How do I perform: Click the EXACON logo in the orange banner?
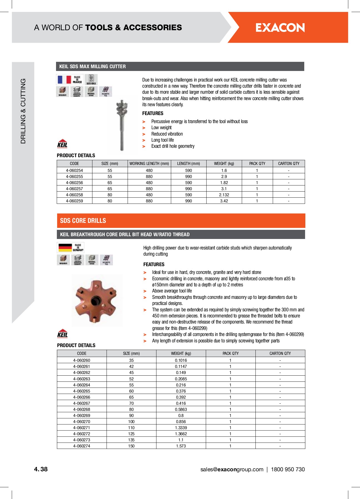coord(280,27)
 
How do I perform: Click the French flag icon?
coord(64,80)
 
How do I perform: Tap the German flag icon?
coord(65,247)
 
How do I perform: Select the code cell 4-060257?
coord(74,189)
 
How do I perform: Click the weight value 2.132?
coord(224,195)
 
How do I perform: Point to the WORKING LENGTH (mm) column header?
coord(149,164)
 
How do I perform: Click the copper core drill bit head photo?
coord(97,301)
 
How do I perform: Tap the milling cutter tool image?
coord(122,125)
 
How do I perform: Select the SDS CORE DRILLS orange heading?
coord(83,221)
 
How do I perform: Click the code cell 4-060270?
coord(82,422)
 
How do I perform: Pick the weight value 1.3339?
coord(181,428)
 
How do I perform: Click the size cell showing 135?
coord(131,440)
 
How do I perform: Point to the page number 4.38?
coord(41,469)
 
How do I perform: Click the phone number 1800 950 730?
coord(288,469)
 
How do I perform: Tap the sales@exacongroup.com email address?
coord(232,469)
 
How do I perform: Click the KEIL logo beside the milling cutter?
coord(62,143)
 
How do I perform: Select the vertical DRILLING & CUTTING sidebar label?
coord(23,111)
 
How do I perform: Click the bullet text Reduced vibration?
coord(167,134)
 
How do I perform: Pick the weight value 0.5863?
coord(181,409)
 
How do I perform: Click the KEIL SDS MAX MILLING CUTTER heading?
coord(92,67)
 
